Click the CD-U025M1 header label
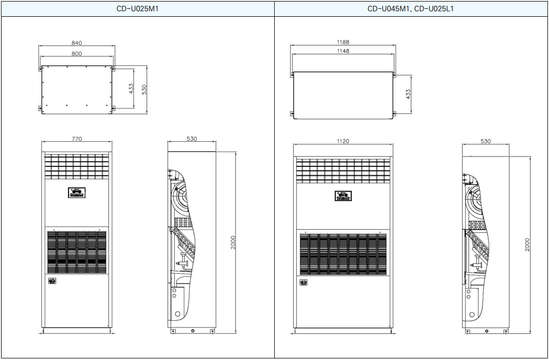(x=137, y=9)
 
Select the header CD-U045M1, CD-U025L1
(x=410, y=9)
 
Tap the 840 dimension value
(x=77, y=43)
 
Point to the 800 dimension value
(x=77, y=53)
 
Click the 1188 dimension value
(x=343, y=42)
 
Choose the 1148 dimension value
(x=343, y=51)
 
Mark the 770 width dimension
(x=77, y=139)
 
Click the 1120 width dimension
(x=343, y=141)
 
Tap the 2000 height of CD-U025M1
(x=233, y=242)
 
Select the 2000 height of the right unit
(x=528, y=244)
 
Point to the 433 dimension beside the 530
(x=131, y=88)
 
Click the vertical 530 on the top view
(x=144, y=89)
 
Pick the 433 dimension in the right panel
(x=408, y=94)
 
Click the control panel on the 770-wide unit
(x=77, y=193)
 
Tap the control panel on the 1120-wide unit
(x=343, y=196)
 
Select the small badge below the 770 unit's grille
(x=52, y=281)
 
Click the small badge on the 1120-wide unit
(x=304, y=282)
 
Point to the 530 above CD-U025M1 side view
(x=192, y=139)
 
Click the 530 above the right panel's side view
(x=486, y=141)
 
